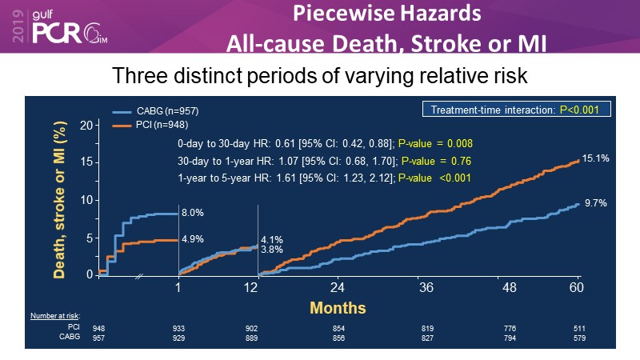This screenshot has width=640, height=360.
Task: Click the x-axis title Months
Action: coord(338,307)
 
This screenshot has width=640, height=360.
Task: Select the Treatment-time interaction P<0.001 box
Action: coord(510,110)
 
